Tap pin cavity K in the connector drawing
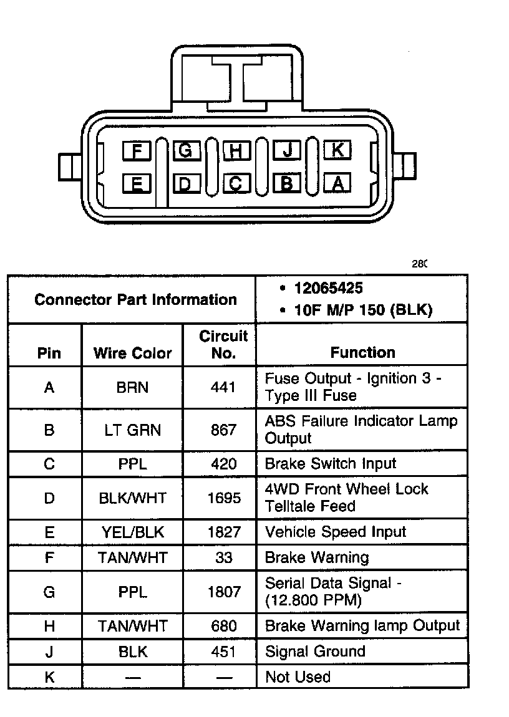(x=337, y=150)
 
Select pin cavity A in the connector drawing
(x=337, y=183)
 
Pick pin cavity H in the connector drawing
(x=236, y=150)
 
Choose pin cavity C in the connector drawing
(x=236, y=183)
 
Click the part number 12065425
(x=329, y=289)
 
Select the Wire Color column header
(x=132, y=353)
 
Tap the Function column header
(x=362, y=352)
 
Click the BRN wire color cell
(x=132, y=387)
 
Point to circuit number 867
(x=223, y=430)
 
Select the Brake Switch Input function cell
(x=331, y=464)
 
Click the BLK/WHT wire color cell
(x=132, y=498)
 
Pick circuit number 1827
(x=223, y=532)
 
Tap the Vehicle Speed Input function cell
(x=336, y=532)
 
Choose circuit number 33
(x=223, y=557)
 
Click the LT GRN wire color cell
(x=132, y=430)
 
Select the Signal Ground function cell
(x=315, y=652)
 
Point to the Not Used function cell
(x=298, y=677)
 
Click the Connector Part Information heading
(x=135, y=300)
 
